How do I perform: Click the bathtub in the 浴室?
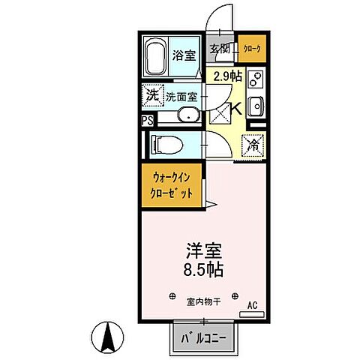coord(156,55)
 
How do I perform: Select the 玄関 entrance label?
coord(219,49)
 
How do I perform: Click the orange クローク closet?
coord(251,49)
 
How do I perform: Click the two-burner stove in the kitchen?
coord(255,79)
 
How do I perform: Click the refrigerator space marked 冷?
coord(254,142)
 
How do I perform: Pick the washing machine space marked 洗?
coord(152,95)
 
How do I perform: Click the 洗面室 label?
coord(181,96)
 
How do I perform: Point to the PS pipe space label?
coord(145,119)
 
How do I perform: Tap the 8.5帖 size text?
coord(200,268)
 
